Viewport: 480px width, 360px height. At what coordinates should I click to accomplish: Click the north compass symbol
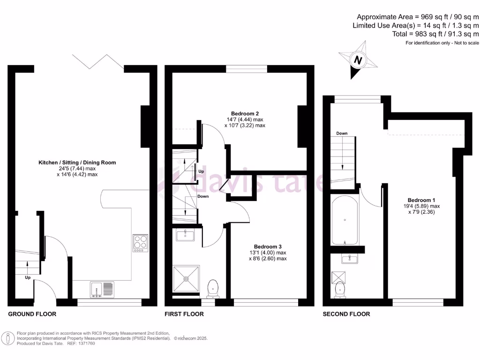click(x=358, y=60)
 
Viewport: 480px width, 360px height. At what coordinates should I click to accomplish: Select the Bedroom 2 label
click(x=245, y=113)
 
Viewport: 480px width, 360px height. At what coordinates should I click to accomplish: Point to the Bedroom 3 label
click(x=268, y=247)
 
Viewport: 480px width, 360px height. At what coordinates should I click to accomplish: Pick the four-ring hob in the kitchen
click(x=140, y=243)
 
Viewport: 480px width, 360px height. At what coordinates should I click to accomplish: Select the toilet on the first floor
click(x=213, y=287)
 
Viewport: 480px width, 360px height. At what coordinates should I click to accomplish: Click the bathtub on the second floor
click(x=345, y=220)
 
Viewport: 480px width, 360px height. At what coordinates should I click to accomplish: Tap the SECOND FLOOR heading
click(x=346, y=314)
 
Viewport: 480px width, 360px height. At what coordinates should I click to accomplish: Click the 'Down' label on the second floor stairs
click(x=342, y=134)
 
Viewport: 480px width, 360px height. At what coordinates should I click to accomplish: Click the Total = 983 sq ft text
click(x=435, y=34)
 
